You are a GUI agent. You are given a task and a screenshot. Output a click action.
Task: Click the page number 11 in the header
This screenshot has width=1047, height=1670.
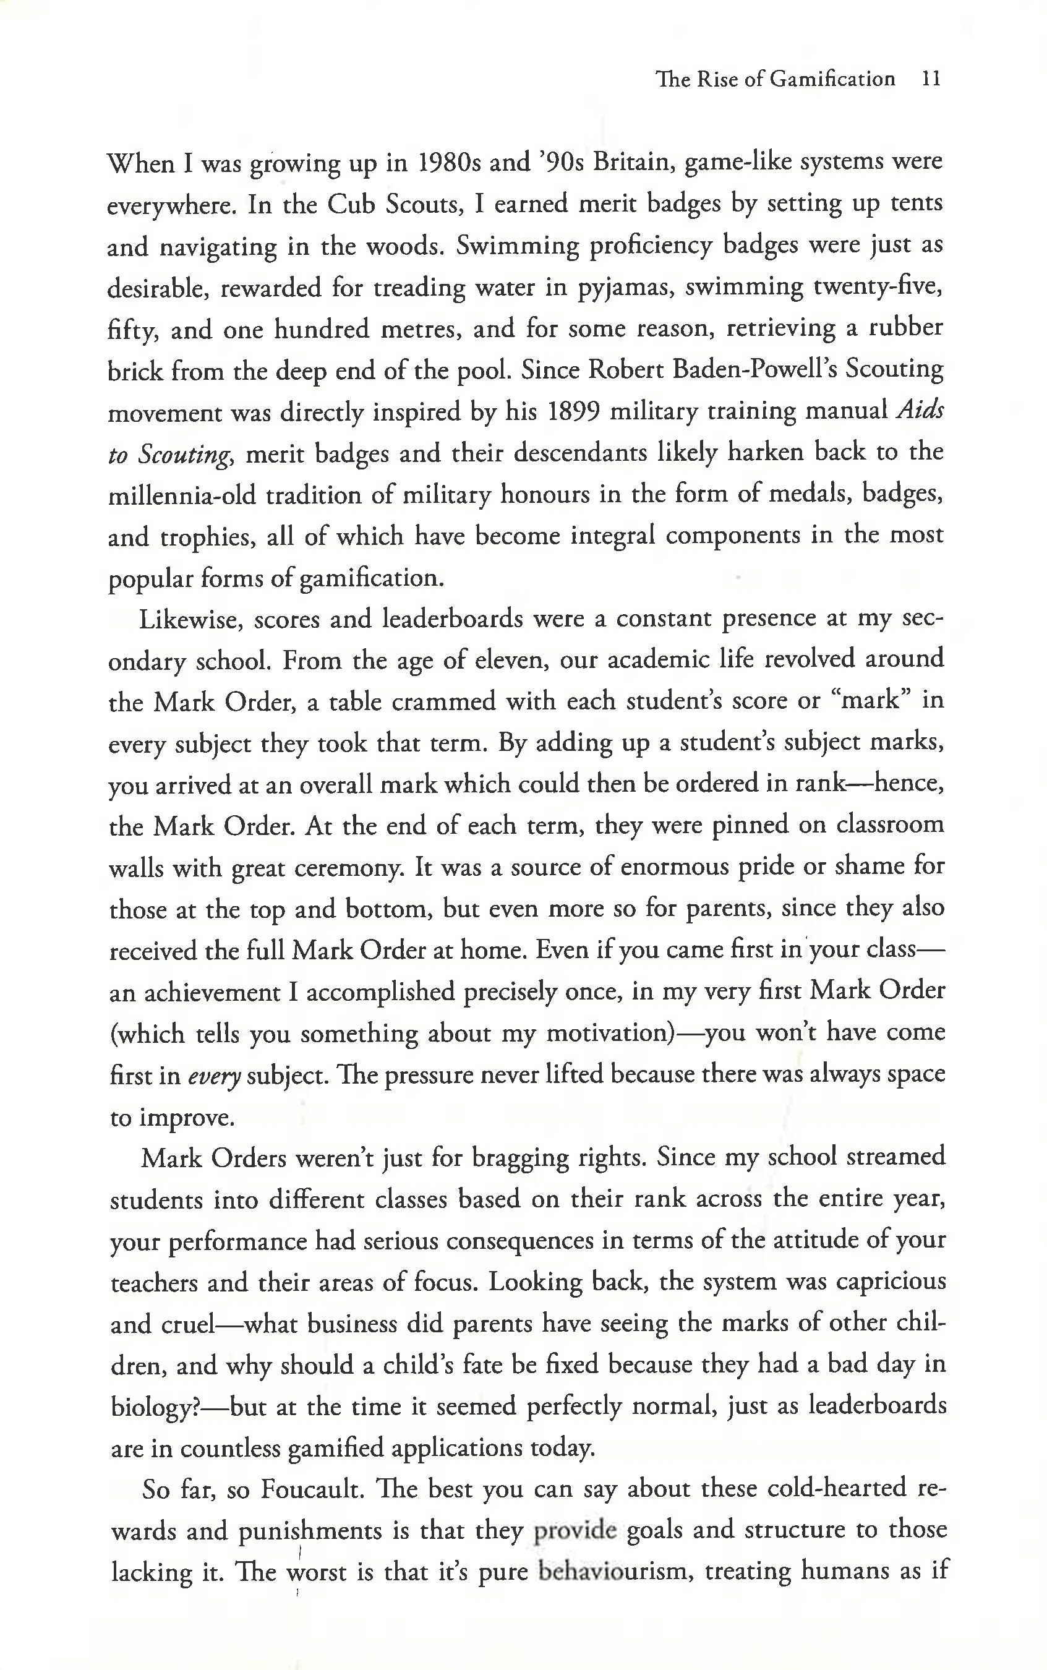coord(931,79)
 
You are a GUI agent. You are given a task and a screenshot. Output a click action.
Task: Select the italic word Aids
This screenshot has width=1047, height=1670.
coord(920,410)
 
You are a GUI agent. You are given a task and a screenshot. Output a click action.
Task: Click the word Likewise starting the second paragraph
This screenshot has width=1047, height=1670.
coord(190,619)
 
